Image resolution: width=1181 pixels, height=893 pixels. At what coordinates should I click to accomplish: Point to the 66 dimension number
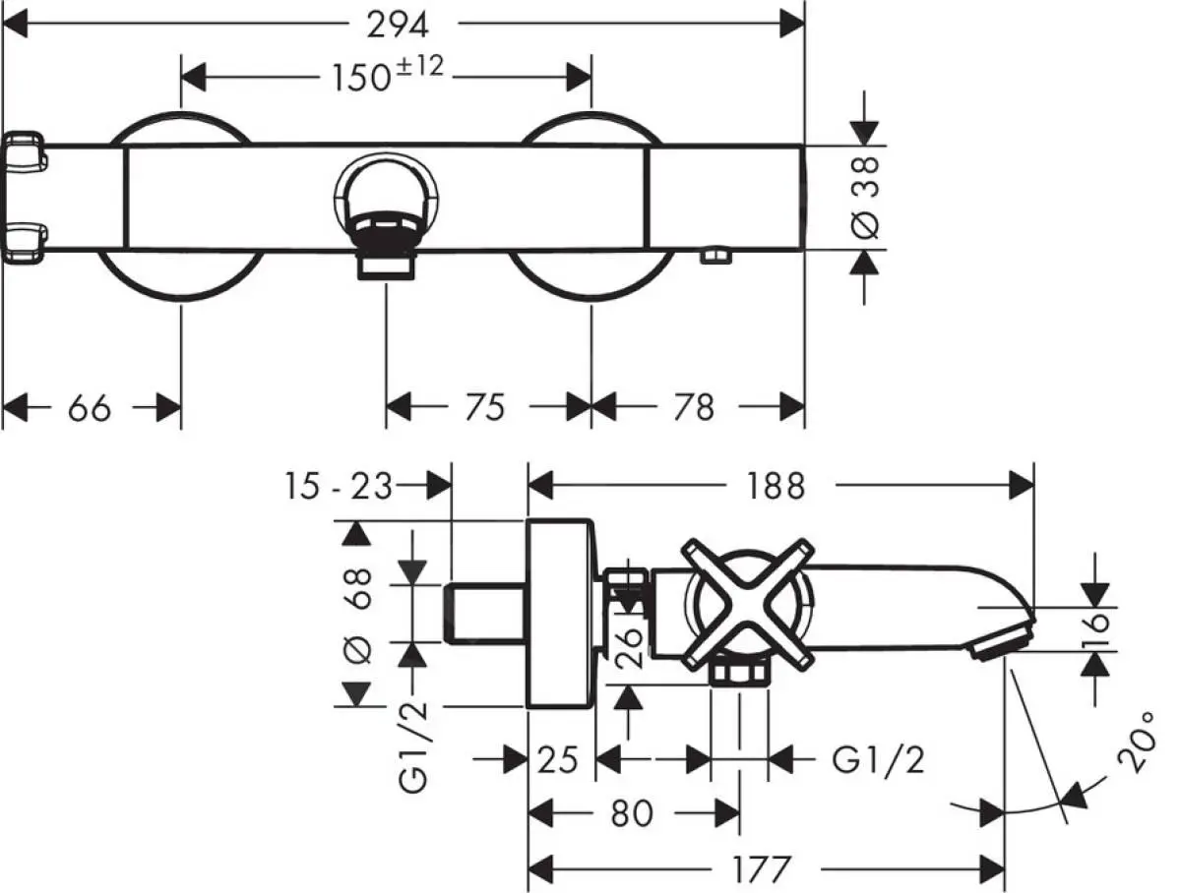[90, 406]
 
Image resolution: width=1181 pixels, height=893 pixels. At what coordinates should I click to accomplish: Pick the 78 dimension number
[695, 406]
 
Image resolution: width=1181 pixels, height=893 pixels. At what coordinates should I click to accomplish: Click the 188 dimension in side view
[775, 484]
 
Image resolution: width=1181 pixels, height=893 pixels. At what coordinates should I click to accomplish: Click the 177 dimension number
[762, 869]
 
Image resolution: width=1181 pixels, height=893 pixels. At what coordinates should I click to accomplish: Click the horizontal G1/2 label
[878, 759]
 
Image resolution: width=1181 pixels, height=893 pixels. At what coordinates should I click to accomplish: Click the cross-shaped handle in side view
[749, 598]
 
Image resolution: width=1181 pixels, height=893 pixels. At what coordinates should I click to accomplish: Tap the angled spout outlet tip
[1000, 641]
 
